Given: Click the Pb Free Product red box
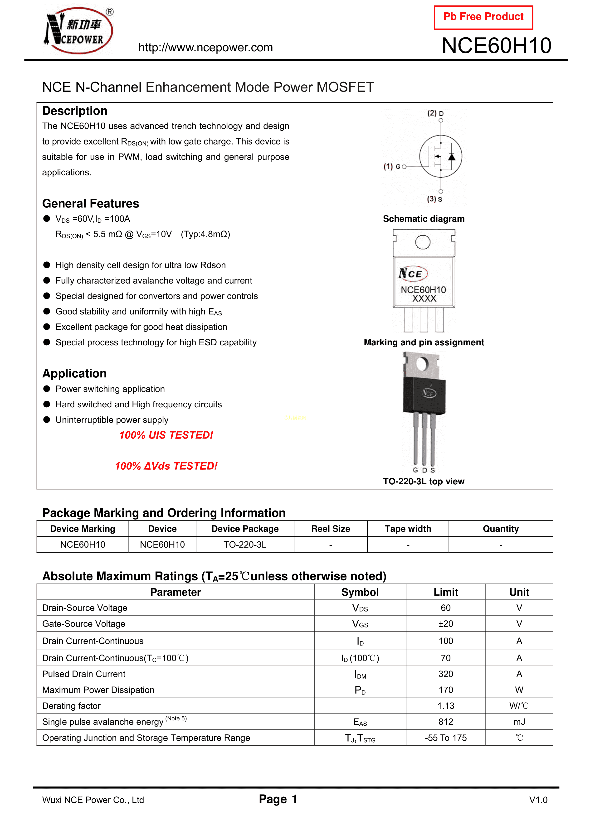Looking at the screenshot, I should click(x=483, y=17).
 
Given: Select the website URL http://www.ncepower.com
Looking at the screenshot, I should click(x=205, y=48).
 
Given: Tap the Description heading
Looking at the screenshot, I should click(x=74, y=111).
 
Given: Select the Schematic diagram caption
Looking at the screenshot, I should click(x=424, y=219).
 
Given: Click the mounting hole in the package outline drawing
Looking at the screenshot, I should click(x=423, y=242).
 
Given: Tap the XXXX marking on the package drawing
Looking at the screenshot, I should click(x=424, y=299).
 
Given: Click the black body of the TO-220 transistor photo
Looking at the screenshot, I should click(x=424, y=396).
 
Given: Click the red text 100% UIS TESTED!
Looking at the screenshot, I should click(x=166, y=435).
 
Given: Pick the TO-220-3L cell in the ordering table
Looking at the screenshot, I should click(x=245, y=545).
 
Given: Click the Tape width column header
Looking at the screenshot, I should click(x=408, y=529).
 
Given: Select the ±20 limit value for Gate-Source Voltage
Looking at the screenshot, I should click(x=446, y=624).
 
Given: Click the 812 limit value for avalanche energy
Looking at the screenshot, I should click(x=446, y=722).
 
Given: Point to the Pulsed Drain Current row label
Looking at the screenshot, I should click(x=84, y=674).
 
